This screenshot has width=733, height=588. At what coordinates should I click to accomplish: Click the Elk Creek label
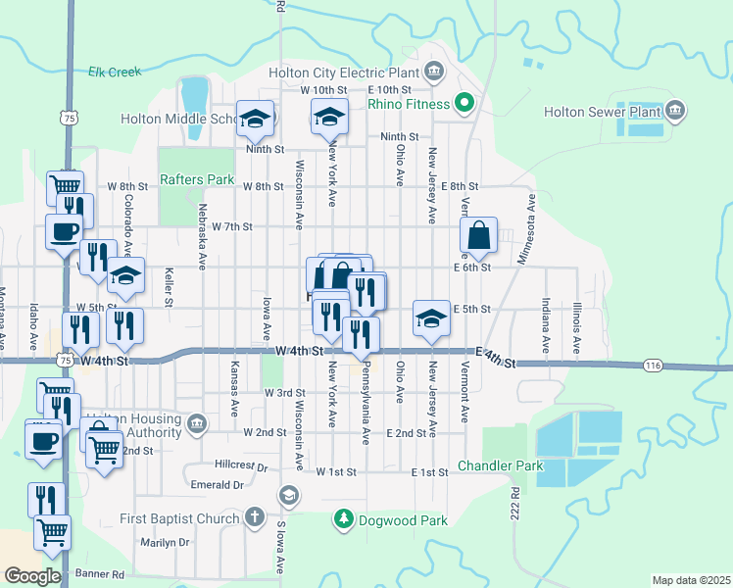(x=115, y=72)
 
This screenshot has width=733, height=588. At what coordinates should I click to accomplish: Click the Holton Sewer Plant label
(x=603, y=112)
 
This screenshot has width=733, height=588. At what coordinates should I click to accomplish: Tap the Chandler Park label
(x=500, y=465)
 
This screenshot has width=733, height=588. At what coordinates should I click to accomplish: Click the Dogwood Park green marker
(x=343, y=520)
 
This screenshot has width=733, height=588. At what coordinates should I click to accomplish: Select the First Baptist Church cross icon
(x=254, y=517)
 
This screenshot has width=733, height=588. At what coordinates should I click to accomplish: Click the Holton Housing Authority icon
(x=197, y=424)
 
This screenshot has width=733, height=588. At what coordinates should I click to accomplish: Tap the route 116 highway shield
(x=654, y=366)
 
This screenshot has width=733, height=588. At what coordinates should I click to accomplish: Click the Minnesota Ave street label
(x=532, y=217)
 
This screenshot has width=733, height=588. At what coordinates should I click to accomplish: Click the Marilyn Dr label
(x=164, y=542)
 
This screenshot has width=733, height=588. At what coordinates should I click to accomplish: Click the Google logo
(x=32, y=575)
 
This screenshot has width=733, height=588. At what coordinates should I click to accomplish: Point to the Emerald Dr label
(x=217, y=484)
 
